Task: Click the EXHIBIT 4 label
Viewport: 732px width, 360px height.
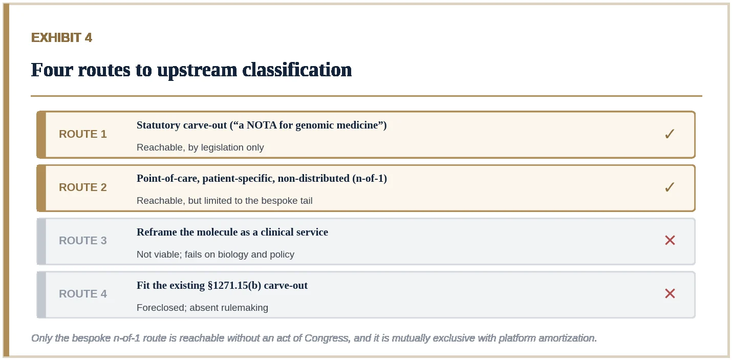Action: pos(61,37)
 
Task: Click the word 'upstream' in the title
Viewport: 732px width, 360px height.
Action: pos(197,71)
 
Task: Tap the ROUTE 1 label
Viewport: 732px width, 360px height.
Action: pos(83,134)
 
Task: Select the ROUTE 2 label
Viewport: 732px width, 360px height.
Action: pos(83,187)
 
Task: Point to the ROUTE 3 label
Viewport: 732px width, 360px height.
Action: pos(83,241)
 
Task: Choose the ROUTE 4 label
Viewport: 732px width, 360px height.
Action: pos(83,294)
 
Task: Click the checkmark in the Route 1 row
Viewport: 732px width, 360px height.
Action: pos(670,134)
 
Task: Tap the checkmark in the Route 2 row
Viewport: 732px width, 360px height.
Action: pos(670,187)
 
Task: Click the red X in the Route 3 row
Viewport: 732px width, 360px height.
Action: pos(670,240)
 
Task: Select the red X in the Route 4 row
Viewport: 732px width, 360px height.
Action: pos(670,293)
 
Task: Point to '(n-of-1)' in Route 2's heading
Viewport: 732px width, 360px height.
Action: pos(370,179)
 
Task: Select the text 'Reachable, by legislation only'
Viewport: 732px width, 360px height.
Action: pos(200,147)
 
